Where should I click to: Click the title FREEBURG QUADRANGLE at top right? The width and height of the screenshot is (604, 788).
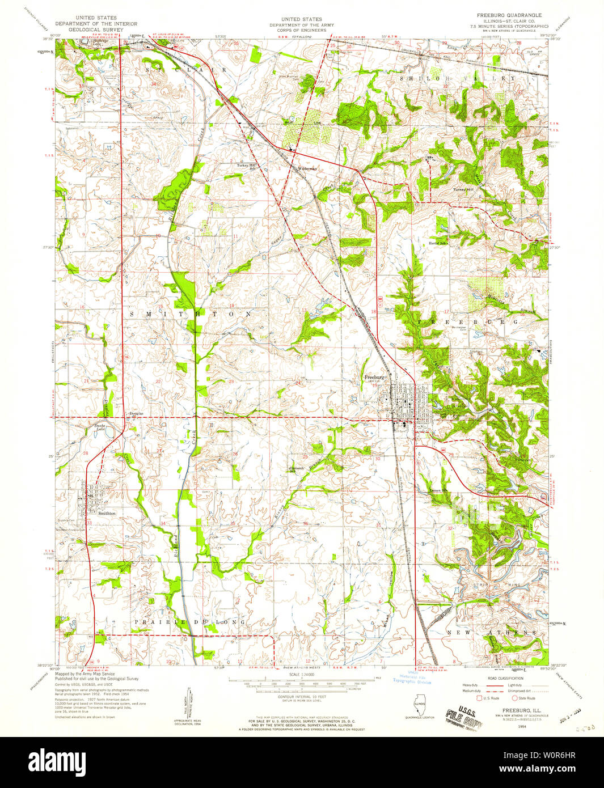509,15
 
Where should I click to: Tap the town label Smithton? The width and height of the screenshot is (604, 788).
107,513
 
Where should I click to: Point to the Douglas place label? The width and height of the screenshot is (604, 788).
136,413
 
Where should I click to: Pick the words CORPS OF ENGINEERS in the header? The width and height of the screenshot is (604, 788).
301,30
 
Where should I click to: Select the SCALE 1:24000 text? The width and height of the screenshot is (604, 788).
302,674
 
